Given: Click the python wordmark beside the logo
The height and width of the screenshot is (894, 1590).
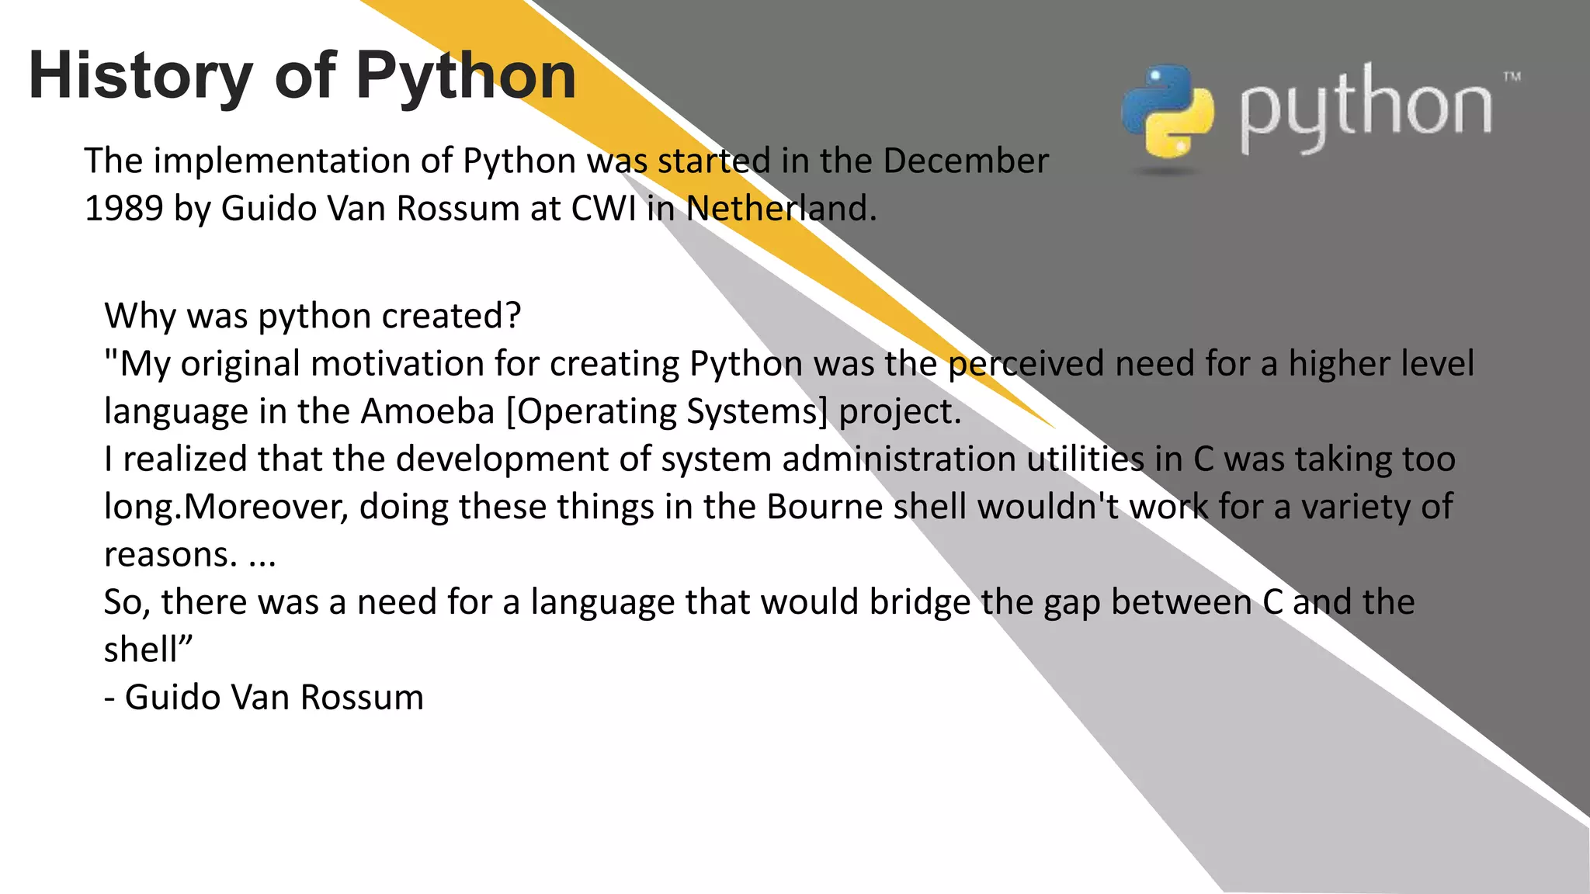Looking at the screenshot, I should click(1364, 109).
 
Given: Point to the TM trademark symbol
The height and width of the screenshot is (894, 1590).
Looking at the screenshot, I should click(1511, 77).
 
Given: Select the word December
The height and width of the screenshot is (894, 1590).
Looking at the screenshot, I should click(965, 161).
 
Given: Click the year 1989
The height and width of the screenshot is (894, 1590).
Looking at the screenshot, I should click(123, 209).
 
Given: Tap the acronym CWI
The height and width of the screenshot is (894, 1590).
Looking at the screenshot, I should click(603, 209).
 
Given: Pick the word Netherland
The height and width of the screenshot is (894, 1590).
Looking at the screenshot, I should click(780, 209).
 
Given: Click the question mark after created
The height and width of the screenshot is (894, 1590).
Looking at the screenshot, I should click(512, 316).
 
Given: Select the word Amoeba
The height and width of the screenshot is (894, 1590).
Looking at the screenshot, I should click(428, 411).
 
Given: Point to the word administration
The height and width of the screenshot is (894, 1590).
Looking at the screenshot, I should click(899, 459).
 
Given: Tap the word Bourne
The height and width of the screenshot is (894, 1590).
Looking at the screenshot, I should click(824, 507).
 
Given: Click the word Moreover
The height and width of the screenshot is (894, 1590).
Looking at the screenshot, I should click(266, 507).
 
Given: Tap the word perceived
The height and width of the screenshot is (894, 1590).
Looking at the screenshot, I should click(1026, 364).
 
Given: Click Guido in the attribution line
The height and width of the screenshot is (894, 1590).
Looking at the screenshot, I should click(172, 697).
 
